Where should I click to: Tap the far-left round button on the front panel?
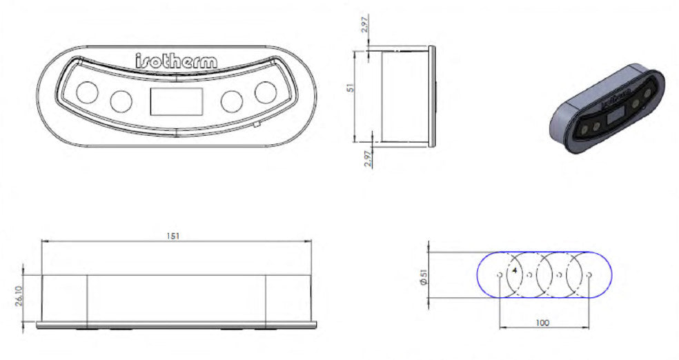click(x=88, y=92)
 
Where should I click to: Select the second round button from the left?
click(x=121, y=101)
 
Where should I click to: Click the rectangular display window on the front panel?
click(x=176, y=101)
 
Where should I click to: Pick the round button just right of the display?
click(x=231, y=101)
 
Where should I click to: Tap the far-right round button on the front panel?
click(x=265, y=92)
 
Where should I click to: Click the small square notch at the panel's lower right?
click(x=256, y=125)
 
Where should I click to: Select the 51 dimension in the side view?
click(x=351, y=88)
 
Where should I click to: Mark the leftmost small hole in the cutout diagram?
click(x=499, y=274)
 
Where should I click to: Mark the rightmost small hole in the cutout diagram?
click(x=590, y=274)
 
